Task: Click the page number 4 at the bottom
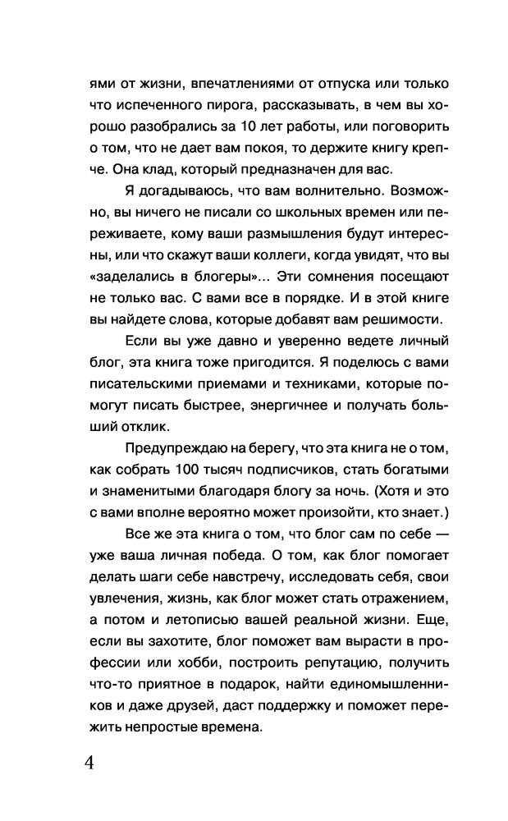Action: [89, 761]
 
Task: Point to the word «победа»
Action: [208, 554]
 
